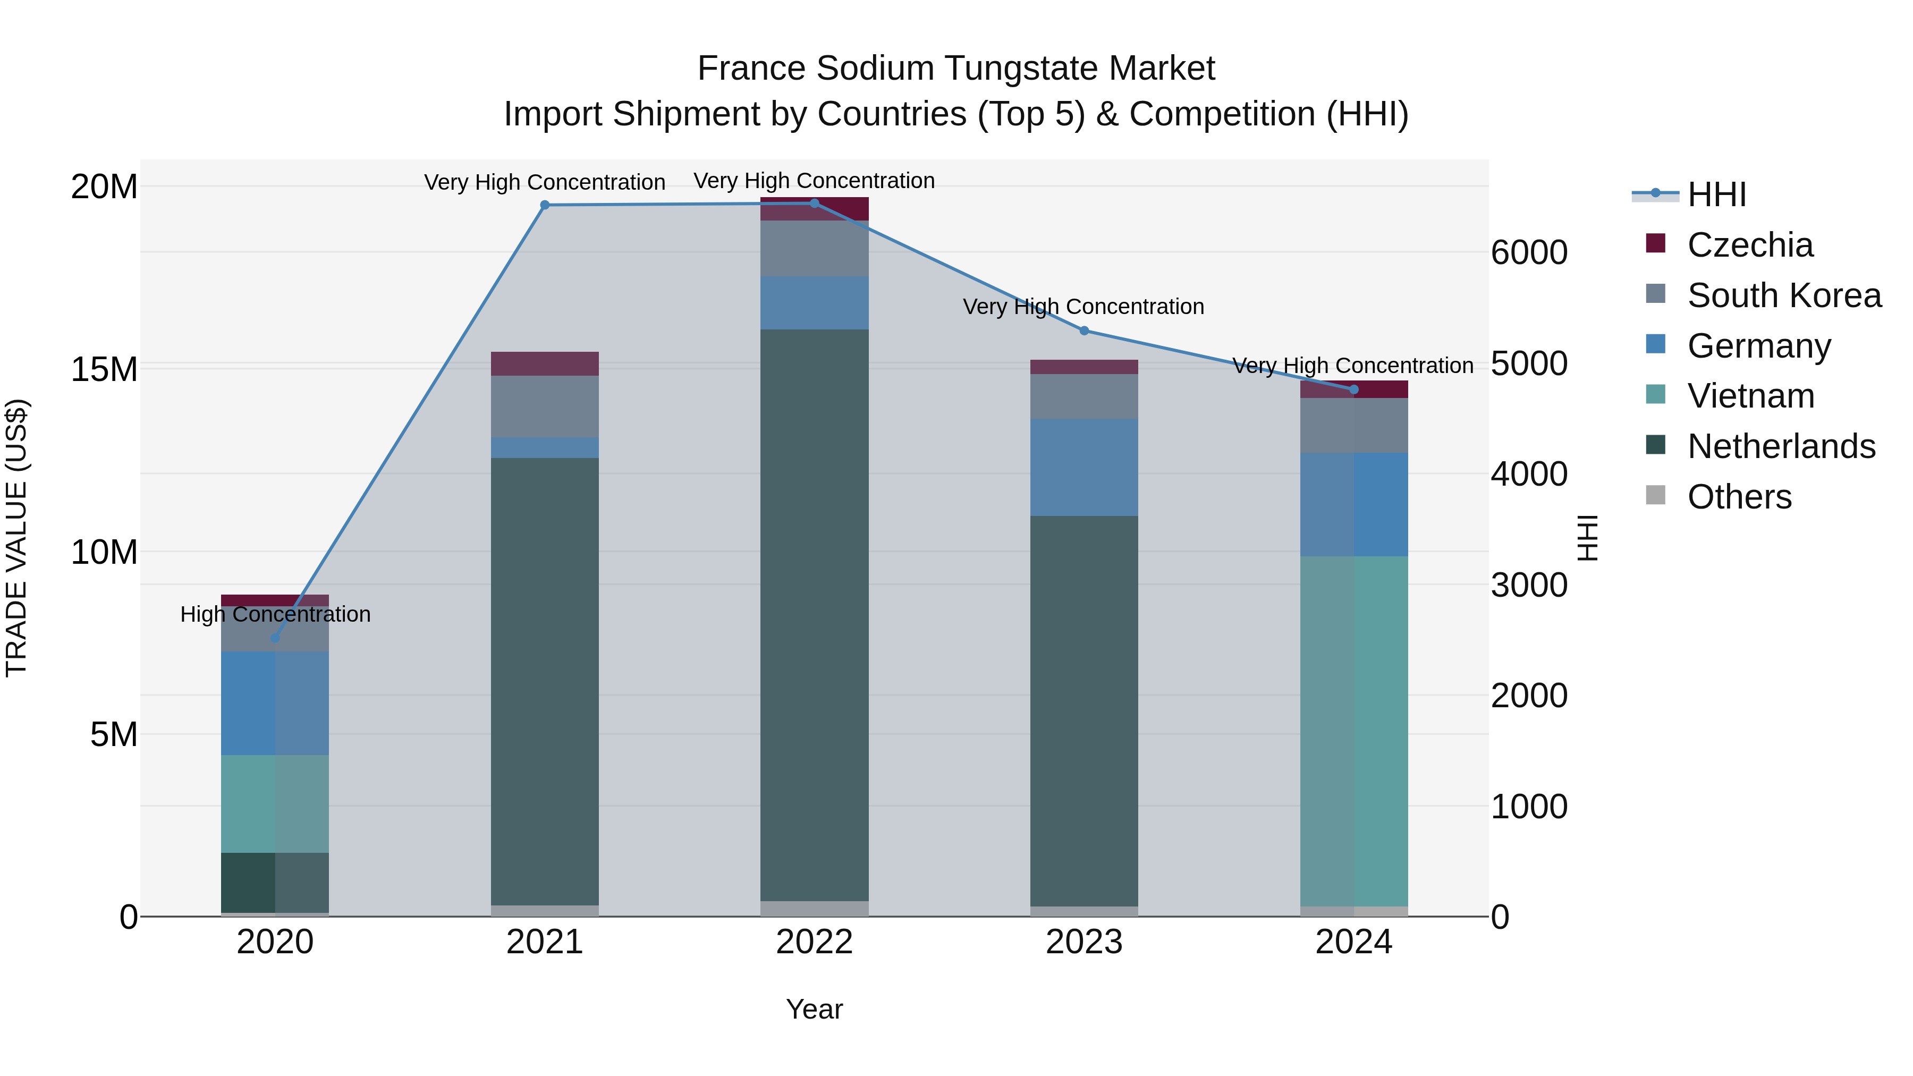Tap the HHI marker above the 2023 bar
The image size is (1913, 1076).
click(x=1084, y=331)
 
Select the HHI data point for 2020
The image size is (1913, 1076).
click(x=275, y=638)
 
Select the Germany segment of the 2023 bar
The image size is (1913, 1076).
click(x=1084, y=467)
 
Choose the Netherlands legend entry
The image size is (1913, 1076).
click(x=1780, y=446)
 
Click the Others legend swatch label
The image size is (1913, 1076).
click(x=1739, y=497)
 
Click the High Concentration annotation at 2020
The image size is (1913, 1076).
click(x=275, y=614)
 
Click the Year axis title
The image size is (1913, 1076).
click(x=814, y=1009)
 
